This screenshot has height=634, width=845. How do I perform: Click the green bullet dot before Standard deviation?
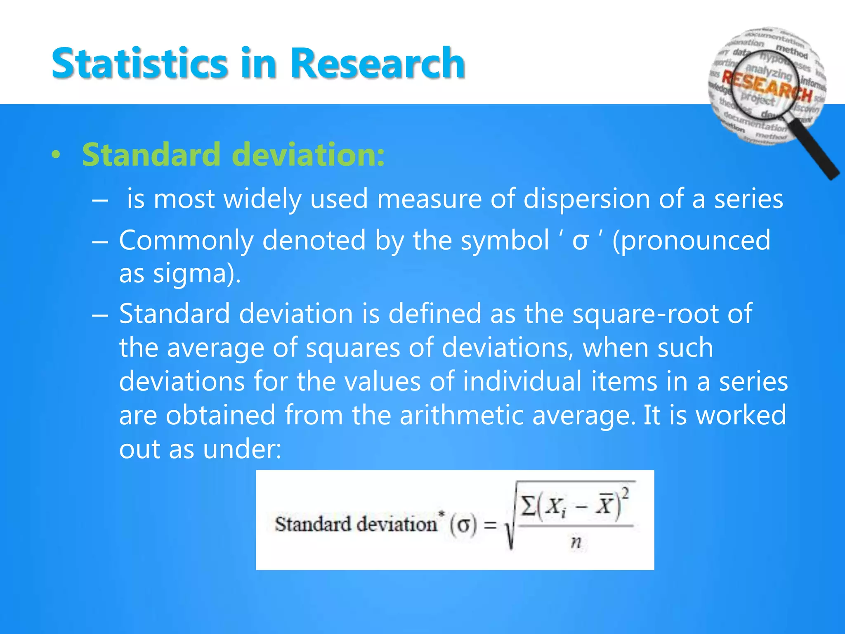point(56,155)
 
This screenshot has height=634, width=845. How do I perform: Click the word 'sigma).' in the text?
point(197,274)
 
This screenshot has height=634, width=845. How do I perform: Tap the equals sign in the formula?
point(490,525)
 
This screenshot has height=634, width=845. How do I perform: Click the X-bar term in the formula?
point(604,505)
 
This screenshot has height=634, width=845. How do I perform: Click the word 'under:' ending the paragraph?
point(242,449)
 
